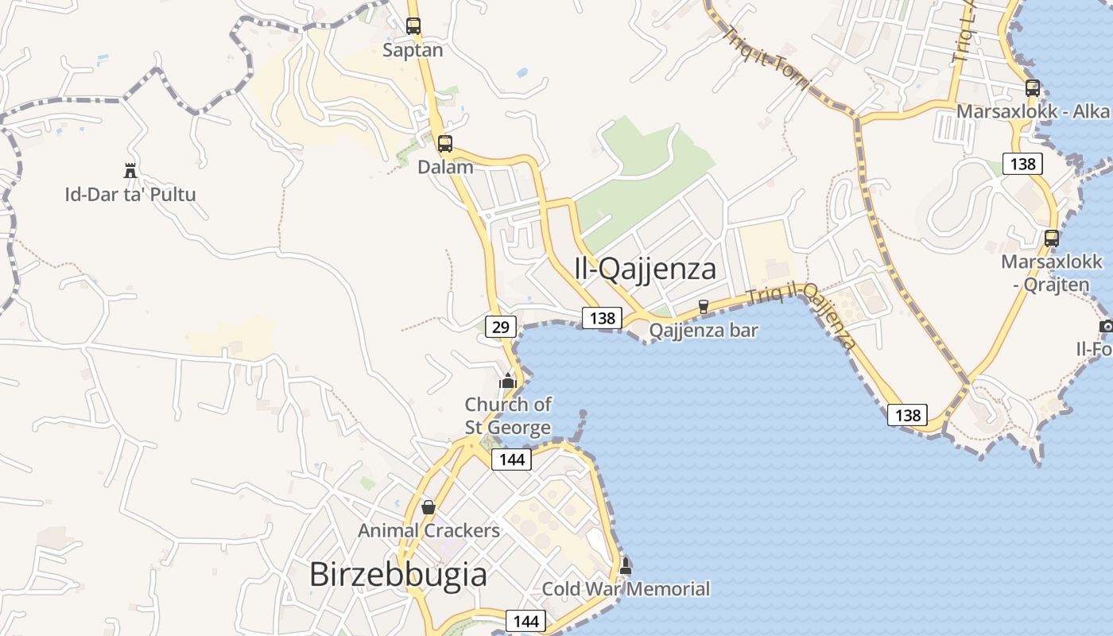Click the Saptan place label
tap(413, 50)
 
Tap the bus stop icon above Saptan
tap(413, 25)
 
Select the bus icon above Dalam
tap(445, 144)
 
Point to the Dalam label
tap(445, 167)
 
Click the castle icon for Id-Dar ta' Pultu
tap(130, 169)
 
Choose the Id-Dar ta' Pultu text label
tap(130, 194)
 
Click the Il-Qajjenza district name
tap(645, 269)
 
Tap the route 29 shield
tap(500, 326)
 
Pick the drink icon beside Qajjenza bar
tap(703, 306)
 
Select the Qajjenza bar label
tap(704, 329)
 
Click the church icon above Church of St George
tap(508, 381)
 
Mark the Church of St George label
tap(508, 416)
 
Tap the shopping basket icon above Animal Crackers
tap(429, 506)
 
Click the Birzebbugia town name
tap(397, 574)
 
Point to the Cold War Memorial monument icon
tap(626, 566)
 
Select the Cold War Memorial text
tap(626, 589)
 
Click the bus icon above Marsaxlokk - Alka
tap(1033, 88)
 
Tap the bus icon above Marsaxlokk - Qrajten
tap(1052, 238)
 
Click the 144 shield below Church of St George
tap(511, 459)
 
